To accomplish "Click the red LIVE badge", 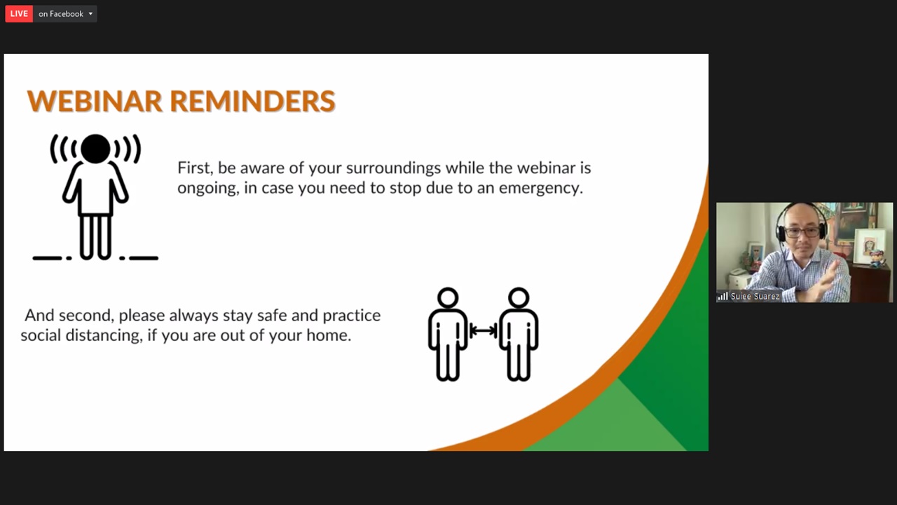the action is click(x=19, y=13).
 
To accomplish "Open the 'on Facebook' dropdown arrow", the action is click(x=90, y=13).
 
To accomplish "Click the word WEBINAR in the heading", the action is click(x=95, y=100).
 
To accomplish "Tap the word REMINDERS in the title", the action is click(x=252, y=100).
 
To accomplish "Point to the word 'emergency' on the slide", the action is click(x=540, y=189).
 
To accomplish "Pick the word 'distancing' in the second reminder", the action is click(x=104, y=335).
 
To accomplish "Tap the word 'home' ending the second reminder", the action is click(x=329, y=335).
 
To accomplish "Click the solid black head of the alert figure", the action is click(x=95, y=149).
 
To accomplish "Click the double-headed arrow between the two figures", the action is click(x=484, y=331).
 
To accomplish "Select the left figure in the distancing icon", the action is click(x=448, y=334).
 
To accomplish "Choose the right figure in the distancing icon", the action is click(x=519, y=334).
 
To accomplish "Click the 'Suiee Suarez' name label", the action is click(x=755, y=297).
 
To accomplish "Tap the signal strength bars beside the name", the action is click(x=723, y=296).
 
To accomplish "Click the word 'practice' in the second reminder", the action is click(x=352, y=316).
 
